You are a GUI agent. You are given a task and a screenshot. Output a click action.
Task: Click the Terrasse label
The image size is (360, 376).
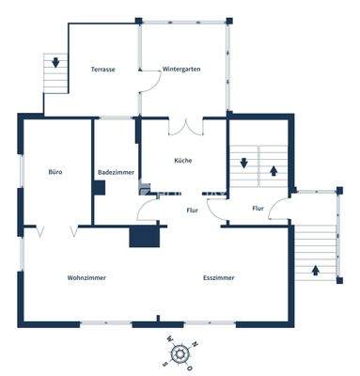[102, 70]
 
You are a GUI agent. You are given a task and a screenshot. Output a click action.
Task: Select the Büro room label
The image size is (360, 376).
[55, 172]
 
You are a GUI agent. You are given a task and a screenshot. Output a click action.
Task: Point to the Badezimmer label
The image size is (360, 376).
[117, 172]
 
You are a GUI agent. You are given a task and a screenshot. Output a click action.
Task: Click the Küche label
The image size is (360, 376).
[183, 161]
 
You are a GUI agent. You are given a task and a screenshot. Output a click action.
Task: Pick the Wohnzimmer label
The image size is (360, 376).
[86, 277]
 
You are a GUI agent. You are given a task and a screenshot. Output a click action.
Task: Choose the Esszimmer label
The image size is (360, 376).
[219, 277]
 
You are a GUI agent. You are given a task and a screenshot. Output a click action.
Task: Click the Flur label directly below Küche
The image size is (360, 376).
[192, 211]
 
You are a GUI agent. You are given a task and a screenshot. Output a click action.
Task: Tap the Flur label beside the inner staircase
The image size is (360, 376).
[258, 208]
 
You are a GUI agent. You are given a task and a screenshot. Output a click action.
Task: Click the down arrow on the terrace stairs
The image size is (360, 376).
[56, 63]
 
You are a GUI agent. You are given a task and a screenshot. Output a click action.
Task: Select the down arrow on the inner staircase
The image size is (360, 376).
[243, 162]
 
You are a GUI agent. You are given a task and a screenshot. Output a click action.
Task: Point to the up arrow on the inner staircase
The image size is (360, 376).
[274, 170]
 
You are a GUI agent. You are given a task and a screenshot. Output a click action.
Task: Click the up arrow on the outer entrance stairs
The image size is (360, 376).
[315, 270]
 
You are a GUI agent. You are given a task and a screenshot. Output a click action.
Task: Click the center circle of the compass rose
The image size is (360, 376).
[180, 352]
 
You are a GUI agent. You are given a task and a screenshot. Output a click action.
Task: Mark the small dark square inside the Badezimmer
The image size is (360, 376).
[99, 187]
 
